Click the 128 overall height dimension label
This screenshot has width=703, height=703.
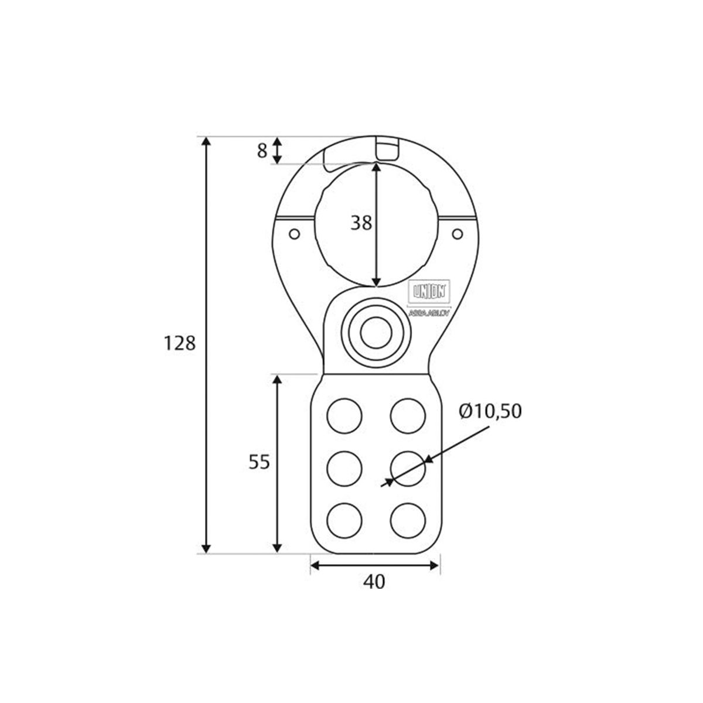pos(179,343)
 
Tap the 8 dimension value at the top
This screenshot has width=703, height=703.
pos(262,151)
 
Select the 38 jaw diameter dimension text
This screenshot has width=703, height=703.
pos(361,223)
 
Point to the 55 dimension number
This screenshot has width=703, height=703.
pos(258,462)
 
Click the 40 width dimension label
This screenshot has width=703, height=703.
pos(374,582)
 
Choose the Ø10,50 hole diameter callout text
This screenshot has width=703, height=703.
pos(490,412)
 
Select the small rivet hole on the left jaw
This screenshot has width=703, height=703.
pos(295,234)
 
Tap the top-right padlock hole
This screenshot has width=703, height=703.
pos(408,415)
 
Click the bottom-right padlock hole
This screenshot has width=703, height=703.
pos(408,520)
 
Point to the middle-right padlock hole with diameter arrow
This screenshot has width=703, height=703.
pos(408,468)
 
